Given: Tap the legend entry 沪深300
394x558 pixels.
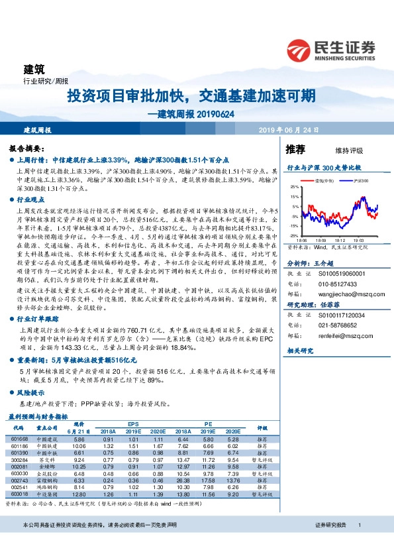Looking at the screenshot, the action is (360, 180).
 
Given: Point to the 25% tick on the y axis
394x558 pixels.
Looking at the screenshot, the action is (294, 188).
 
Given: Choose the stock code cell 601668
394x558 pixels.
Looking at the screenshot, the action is (20, 439).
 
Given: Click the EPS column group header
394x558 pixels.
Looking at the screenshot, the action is (133, 423).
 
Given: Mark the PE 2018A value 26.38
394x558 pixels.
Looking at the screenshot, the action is (184, 480).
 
